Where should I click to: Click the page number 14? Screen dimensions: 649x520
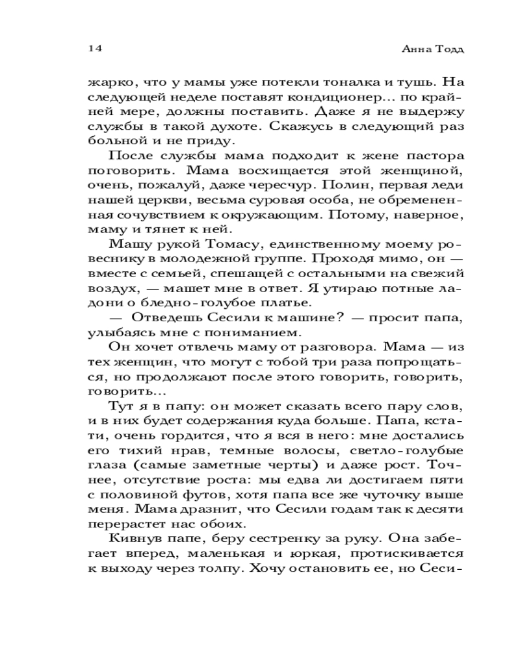(x=95, y=49)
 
